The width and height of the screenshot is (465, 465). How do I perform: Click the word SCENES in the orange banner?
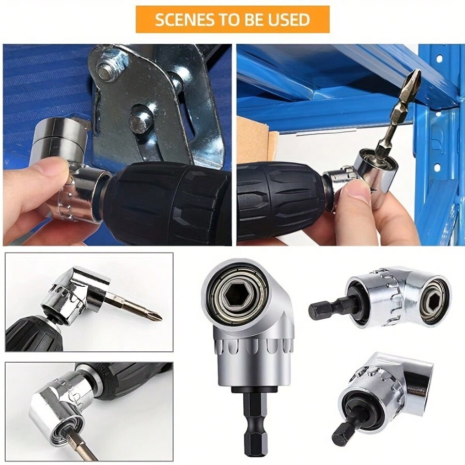181,20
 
